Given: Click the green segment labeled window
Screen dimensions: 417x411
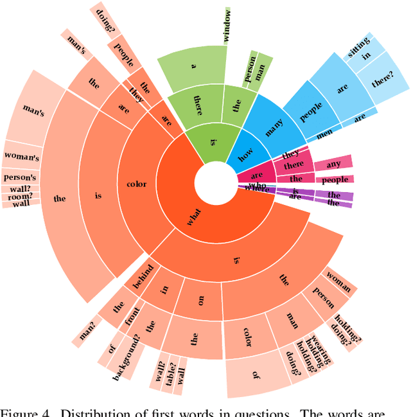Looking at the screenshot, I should [x=226, y=26].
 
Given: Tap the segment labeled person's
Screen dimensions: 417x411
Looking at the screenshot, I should [x=20, y=177].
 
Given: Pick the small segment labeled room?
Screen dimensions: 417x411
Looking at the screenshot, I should [x=20, y=196].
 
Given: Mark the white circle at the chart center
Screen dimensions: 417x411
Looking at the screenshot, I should [x=214, y=182].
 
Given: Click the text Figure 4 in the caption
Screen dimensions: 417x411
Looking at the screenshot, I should [x=22, y=411].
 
